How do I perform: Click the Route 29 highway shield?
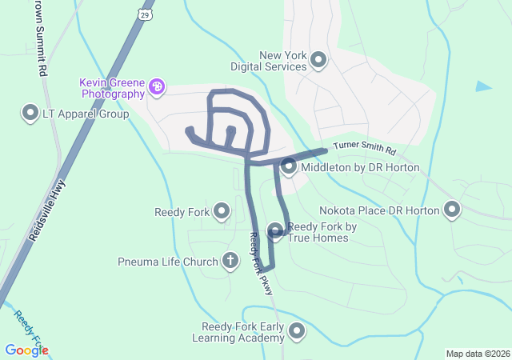click(144, 15)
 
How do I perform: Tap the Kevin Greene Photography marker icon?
click(157, 87)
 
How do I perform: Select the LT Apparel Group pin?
click(31, 113)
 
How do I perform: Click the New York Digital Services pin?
click(318, 60)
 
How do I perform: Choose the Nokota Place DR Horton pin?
click(452, 210)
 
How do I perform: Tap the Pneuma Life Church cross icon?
click(230, 261)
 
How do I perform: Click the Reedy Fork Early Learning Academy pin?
click(298, 331)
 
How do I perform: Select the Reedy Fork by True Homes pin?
click(276, 231)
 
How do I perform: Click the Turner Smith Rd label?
click(364, 148)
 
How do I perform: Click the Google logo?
click(26, 350)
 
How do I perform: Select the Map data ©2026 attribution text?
click(477, 354)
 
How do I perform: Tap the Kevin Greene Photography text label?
click(111, 88)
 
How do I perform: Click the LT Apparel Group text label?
click(86, 114)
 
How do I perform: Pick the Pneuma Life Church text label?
click(167, 262)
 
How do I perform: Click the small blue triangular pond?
click(482, 86)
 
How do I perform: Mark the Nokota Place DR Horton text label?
click(379, 210)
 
